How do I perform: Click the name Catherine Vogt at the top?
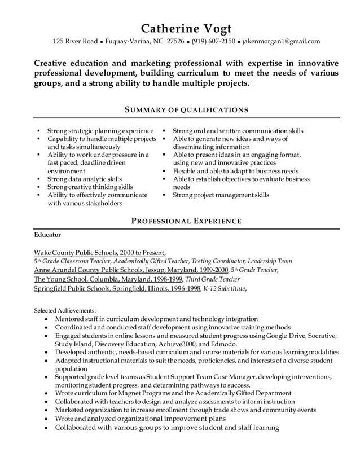(186, 29)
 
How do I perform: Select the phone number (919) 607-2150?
(213, 41)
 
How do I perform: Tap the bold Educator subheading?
(47, 234)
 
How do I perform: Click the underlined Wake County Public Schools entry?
(99, 252)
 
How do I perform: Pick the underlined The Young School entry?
(108, 279)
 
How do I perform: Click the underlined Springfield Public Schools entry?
(117, 288)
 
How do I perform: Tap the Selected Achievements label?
(65, 310)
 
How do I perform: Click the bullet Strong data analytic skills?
(84, 179)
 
